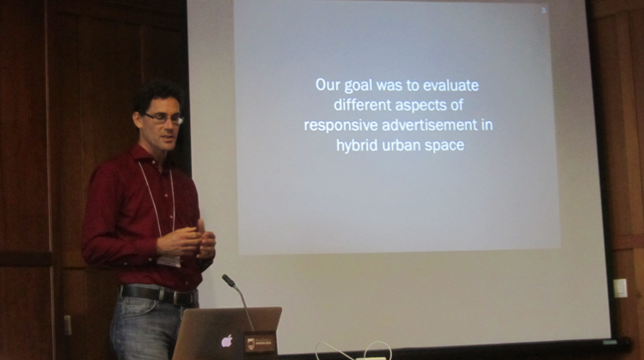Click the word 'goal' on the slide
tap(359, 86)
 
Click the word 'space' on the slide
tap(444, 147)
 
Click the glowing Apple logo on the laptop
tap(227, 341)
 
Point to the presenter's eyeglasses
tap(163, 119)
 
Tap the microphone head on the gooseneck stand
tap(229, 281)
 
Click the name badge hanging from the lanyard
tap(169, 261)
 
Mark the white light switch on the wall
tap(620, 288)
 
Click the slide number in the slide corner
tap(543, 10)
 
